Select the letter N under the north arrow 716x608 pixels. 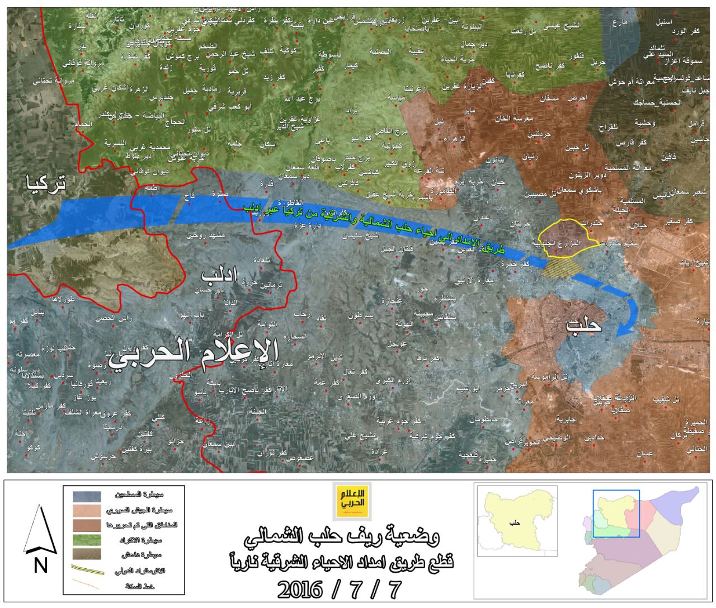coord(40,565)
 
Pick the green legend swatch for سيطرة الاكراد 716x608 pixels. coord(87,540)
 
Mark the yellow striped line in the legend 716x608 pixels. coord(87,570)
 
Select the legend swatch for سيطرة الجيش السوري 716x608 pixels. coord(87,511)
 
